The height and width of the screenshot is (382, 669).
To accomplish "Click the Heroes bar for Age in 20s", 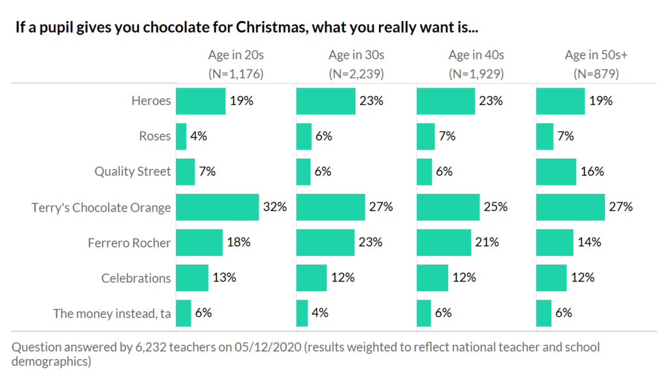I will [x=201, y=101].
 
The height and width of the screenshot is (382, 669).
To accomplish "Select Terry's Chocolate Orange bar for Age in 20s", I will [x=218, y=207].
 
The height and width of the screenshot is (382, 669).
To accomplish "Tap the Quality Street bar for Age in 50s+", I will [x=556, y=172].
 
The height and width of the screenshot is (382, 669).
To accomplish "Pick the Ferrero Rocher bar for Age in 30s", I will [x=325, y=242].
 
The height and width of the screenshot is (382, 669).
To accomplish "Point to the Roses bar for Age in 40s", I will [x=425, y=136].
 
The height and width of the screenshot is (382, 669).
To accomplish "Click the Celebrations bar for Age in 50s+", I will [x=551, y=278].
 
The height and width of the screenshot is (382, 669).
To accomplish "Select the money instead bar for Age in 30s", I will [x=302, y=313].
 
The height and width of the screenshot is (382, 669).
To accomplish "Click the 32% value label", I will [x=275, y=207].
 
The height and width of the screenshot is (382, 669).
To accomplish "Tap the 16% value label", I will [x=592, y=172].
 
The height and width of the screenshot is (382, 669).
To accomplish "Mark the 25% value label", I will [x=495, y=207].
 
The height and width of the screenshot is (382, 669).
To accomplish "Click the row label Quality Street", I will [x=133, y=172].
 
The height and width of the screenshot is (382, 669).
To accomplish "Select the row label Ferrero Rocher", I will [x=129, y=242].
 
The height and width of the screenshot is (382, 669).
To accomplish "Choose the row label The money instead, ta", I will [x=112, y=313].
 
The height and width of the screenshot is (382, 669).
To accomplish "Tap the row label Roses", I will [x=155, y=136].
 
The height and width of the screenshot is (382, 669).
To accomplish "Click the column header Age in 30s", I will [x=356, y=56].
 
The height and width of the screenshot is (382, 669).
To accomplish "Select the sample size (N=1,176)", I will [x=236, y=73].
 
